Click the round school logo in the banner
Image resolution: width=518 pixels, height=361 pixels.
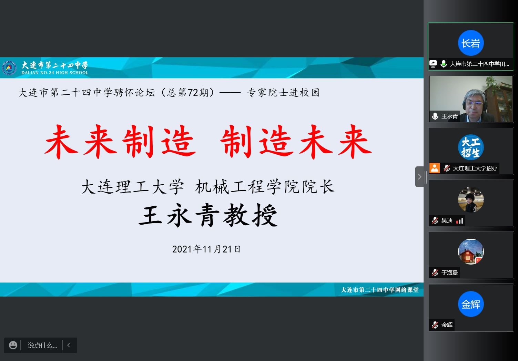pyautogui.click(x=9, y=68)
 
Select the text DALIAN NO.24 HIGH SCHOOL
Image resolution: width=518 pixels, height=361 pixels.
pyautogui.click(x=55, y=73)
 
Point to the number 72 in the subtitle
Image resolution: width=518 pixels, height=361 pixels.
pyautogui.click(x=193, y=93)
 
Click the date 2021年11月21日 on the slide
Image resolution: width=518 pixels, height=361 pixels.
pyautogui.click(x=206, y=249)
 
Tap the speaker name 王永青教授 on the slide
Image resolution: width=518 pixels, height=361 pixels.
pyautogui.click(x=208, y=215)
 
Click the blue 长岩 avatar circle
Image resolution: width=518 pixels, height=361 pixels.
pyautogui.click(x=471, y=43)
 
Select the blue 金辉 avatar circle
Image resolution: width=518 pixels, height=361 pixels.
pyautogui.click(x=471, y=304)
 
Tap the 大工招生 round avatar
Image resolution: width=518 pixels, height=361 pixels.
pyautogui.click(x=471, y=147)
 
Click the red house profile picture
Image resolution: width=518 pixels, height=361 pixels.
pyautogui.click(x=471, y=251)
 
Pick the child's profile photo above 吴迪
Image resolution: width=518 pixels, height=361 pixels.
pyautogui.click(x=471, y=199)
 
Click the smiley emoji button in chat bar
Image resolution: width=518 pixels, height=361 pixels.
pyautogui.click(x=13, y=345)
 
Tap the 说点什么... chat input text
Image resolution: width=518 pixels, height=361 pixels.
pyautogui.click(x=42, y=345)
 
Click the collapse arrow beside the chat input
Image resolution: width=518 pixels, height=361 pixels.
pyautogui.click(x=69, y=345)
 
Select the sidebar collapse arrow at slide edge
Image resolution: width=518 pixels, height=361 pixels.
pyautogui.click(x=419, y=177)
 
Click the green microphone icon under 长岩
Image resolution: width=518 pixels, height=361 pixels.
pyautogui.click(x=444, y=64)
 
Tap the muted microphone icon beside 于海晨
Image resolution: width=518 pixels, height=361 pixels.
pyautogui.click(x=435, y=273)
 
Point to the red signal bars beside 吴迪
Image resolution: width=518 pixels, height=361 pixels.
pyautogui.click(x=460, y=221)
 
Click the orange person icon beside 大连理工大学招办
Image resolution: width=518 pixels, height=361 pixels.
pyautogui.click(x=435, y=168)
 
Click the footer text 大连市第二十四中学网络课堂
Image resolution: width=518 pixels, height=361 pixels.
pyautogui.click(x=380, y=290)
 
